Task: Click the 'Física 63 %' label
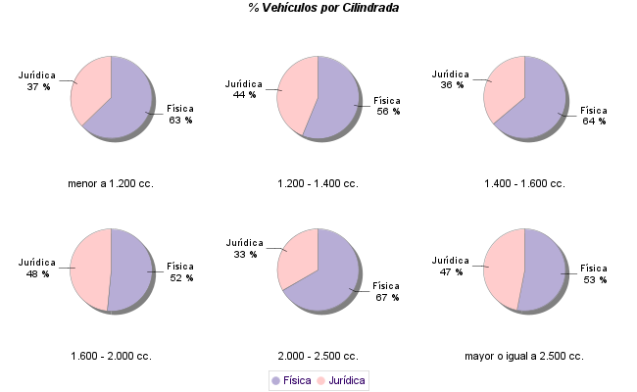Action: tap(180, 114)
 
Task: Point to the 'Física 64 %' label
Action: tap(594, 116)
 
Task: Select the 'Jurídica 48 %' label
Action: tap(37, 268)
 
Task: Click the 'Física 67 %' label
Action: tap(387, 291)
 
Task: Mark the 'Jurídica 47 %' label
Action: tap(451, 266)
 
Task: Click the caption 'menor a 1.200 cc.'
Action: tap(111, 183)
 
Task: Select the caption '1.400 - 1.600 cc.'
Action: tap(524, 183)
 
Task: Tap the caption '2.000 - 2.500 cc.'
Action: tap(318, 356)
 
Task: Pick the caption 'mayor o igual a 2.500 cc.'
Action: tap(524, 356)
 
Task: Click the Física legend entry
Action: tap(291, 380)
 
